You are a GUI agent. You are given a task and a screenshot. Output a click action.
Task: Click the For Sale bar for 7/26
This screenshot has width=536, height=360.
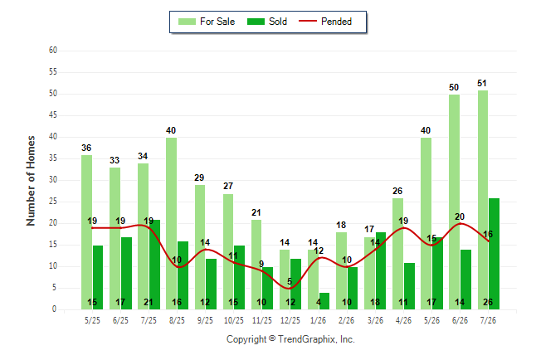click(483, 200)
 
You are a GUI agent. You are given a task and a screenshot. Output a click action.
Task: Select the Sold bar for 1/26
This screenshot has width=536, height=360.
click(324, 301)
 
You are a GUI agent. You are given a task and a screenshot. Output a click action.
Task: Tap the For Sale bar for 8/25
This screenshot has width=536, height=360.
click(171, 224)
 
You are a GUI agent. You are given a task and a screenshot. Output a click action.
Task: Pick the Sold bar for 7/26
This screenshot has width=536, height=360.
click(494, 254)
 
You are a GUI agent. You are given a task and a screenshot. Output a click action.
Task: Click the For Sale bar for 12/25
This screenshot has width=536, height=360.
click(285, 280)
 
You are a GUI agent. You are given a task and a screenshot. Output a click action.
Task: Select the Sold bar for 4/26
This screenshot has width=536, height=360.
click(409, 286)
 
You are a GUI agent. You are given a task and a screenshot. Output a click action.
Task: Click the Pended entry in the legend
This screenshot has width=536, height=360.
click(325, 22)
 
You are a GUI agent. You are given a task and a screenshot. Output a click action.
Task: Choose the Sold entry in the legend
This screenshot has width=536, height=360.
click(267, 22)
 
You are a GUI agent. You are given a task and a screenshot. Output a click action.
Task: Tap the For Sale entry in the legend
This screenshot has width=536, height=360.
click(207, 22)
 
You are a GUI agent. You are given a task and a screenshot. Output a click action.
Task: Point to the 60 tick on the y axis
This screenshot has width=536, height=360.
click(53, 51)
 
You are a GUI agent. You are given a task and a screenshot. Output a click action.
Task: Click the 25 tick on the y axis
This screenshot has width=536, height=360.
click(53, 202)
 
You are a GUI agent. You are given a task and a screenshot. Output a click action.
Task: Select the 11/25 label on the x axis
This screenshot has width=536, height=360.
click(262, 320)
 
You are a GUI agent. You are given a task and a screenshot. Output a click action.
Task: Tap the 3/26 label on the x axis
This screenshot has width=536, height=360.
click(375, 320)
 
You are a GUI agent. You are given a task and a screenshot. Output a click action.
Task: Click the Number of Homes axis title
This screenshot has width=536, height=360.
click(31, 181)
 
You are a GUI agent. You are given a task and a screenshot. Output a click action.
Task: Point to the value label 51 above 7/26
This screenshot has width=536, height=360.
click(481, 83)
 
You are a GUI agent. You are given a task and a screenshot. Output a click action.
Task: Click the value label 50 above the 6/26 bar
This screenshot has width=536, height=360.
click(454, 87)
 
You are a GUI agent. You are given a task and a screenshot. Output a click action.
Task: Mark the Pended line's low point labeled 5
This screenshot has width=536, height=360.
click(290, 288)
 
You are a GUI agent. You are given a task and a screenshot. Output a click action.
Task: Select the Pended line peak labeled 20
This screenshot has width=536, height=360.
click(460, 223)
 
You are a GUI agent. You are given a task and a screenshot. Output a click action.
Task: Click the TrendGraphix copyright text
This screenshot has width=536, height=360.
click(290, 339)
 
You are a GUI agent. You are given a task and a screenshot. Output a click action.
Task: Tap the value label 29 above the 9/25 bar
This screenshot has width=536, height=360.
click(199, 178)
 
